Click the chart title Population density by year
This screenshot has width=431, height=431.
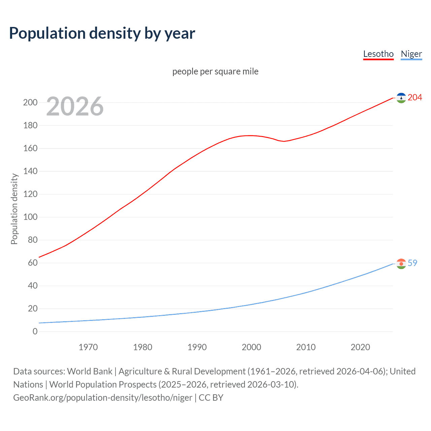[102, 33]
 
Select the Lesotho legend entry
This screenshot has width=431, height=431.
[378, 54]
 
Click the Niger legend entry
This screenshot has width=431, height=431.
[411, 54]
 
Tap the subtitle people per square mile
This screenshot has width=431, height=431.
[215, 71]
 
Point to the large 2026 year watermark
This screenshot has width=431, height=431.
[75, 106]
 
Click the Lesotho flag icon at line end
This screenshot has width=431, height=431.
[401, 98]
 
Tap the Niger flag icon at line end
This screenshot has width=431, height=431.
[401, 264]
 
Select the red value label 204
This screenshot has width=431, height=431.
[415, 97]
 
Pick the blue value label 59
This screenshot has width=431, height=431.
[412, 263]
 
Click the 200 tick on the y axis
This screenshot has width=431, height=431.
[30, 102]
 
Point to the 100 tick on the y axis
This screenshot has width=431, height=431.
[30, 217]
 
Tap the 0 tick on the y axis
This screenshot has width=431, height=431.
[35, 331]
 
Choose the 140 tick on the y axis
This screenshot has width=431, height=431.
[30, 171]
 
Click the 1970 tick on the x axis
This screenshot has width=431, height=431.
[88, 347]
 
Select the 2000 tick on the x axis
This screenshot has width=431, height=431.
[252, 347]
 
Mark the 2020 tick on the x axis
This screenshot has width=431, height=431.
[360, 347]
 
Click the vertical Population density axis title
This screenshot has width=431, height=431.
[14, 209]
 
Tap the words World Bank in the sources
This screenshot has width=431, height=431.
[90, 371]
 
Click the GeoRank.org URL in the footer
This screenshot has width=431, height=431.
[103, 398]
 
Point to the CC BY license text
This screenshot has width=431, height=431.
[211, 398]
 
